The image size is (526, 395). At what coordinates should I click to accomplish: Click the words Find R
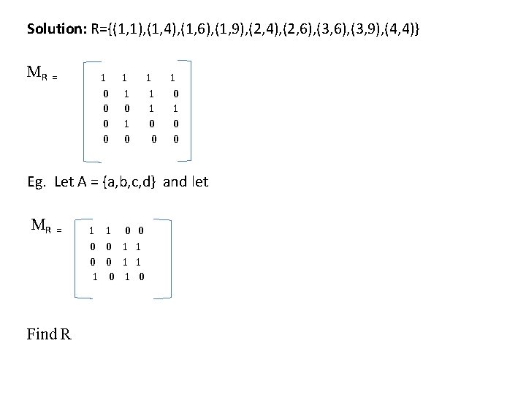coord(49,336)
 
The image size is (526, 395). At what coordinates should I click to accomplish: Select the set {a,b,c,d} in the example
coord(129,182)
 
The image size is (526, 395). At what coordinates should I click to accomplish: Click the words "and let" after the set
coord(186,182)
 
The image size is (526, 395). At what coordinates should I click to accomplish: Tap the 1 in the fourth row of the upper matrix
coord(126,122)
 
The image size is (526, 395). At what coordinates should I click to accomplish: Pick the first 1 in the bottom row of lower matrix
coord(96,276)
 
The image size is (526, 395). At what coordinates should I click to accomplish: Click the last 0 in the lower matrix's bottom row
coord(141,276)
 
